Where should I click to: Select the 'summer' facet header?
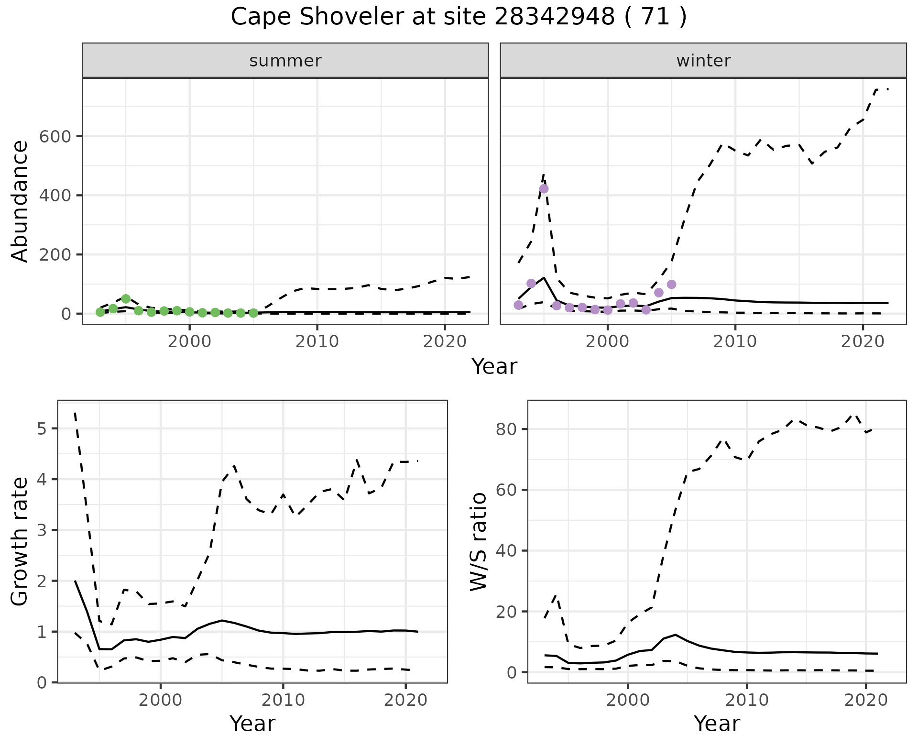tap(285, 61)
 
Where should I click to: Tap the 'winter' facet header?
tap(703, 61)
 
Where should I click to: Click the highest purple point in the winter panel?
tap(544, 189)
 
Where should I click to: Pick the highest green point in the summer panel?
tap(126, 299)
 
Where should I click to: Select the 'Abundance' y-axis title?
tap(20, 201)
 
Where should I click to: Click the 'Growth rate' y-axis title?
tap(20, 542)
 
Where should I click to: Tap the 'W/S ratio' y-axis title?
tap(478, 542)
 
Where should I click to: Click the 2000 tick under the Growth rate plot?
tap(161, 700)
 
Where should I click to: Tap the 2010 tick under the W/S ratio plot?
tap(746, 700)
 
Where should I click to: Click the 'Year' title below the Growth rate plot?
tap(252, 724)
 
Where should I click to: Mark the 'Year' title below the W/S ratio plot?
tap(717, 724)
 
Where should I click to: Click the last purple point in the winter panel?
tap(671, 285)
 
